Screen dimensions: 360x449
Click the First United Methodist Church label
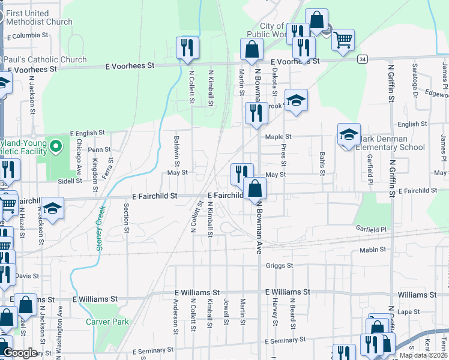click(x=40, y=17)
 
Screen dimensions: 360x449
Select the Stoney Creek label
click(x=101, y=227)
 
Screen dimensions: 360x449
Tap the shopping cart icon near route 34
click(x=343, y=40)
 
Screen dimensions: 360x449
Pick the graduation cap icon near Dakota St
click(x=296, y=100)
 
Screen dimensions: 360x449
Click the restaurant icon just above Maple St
click(x=256, y=113)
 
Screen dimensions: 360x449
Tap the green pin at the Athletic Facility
click(x=56, y=146)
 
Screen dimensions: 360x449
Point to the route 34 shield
click(x=362, y=59)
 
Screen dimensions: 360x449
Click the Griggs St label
click(x=279, y=265)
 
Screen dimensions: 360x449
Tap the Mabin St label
click(x=373, y=250)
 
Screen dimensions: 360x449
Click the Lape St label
click(x=409, y=312)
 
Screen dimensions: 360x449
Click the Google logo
click(x=20, y=353)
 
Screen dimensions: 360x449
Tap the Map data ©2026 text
click(x=423, y=355)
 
